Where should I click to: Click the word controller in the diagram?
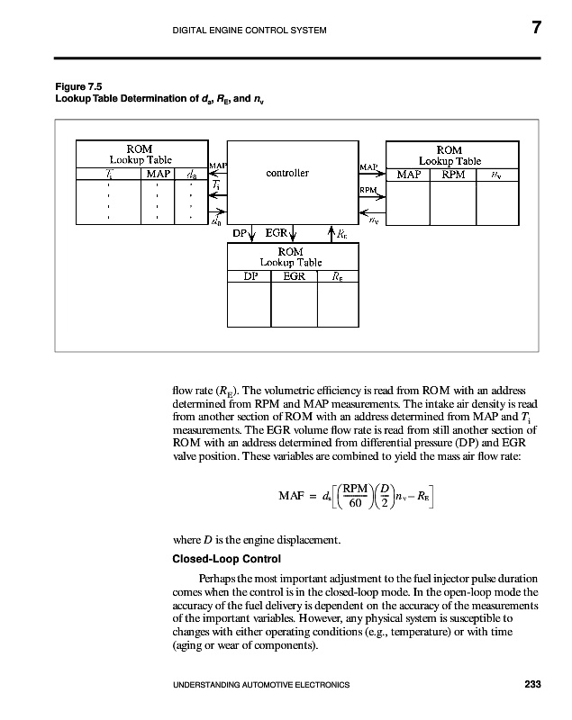click(x=288, y=172)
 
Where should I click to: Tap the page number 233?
click(x=531, y=686)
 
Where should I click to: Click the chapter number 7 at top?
click(x=534, y=29)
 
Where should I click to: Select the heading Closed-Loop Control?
click(x=215, y=558)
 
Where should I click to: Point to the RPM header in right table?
click(x=453, y=175)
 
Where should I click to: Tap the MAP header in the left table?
click(x=159, y=175)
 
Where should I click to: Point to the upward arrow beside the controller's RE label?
click(x=331, y=233)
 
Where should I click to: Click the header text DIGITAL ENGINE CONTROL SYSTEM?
click(x=250, y=32)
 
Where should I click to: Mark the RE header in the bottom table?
click(x=337, y=276)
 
